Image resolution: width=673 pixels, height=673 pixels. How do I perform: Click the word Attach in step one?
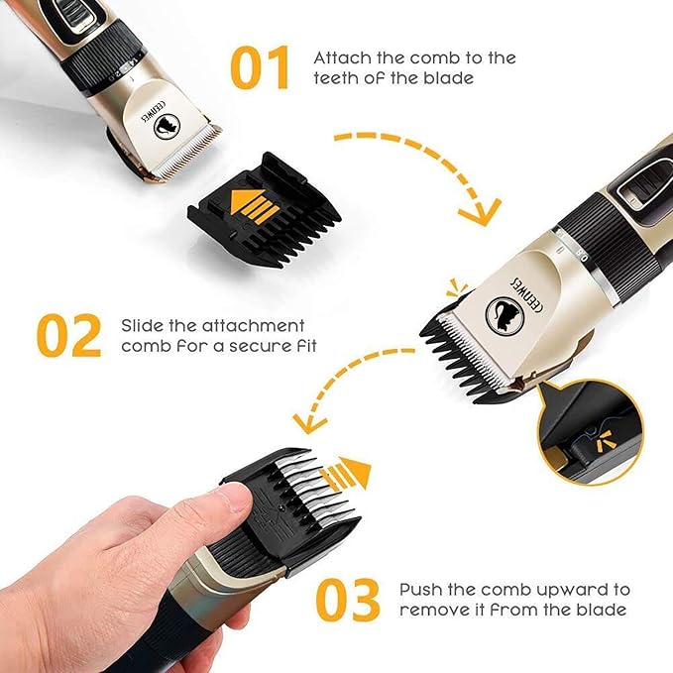tap(339, 57)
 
